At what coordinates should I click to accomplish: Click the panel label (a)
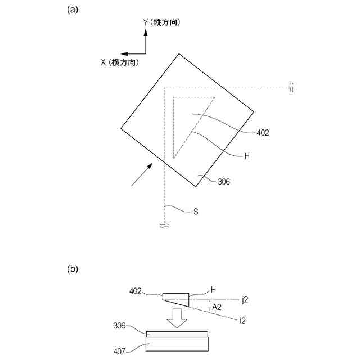71,10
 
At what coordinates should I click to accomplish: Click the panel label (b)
71,269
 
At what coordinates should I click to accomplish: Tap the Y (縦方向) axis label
165,22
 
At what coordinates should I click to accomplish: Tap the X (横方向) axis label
120,62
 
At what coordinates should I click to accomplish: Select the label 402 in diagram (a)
263,133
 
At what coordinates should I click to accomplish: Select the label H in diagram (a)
247,156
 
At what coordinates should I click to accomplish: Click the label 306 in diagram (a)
223,181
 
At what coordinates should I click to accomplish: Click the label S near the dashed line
196,212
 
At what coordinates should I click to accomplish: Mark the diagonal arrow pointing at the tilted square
142,173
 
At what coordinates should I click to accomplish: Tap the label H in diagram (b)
214,290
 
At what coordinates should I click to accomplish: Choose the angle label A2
215,307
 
